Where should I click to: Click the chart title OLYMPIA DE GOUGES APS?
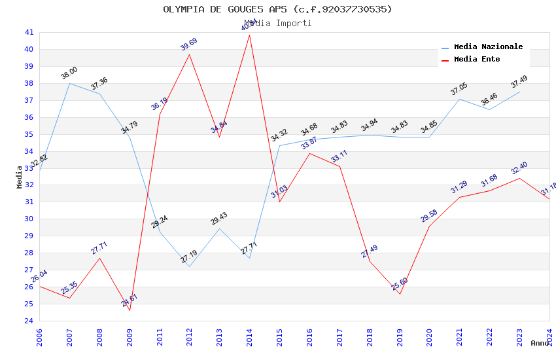point(277,9)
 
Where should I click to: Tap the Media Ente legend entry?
point(477,60)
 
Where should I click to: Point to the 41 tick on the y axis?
point(29,32)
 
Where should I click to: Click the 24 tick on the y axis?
point(29,321)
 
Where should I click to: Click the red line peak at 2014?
point(250,35)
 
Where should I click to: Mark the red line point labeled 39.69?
point(190,54)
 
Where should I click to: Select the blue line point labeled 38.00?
point(69,83)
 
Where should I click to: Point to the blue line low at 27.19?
point(190,266)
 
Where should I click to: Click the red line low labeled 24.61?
point(130,310)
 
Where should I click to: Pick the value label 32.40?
point(519,168)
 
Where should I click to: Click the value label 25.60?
point(400,284)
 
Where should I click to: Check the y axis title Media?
point(19,177)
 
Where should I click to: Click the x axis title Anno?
point(540,343)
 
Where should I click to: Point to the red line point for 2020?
point(429,226)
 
